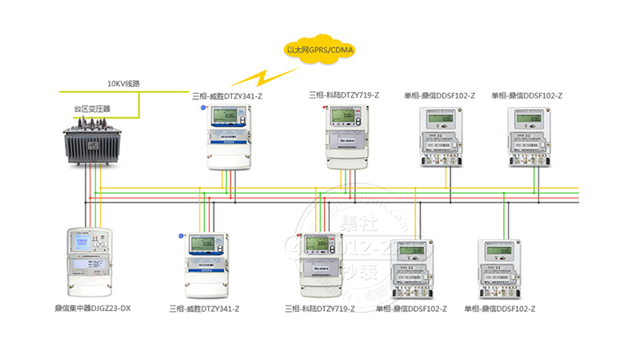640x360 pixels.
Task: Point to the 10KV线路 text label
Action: (124, 83)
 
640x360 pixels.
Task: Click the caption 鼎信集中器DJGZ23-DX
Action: (87, 308)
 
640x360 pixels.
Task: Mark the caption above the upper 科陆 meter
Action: (344, 95)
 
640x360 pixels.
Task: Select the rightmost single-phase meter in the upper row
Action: (531, 137)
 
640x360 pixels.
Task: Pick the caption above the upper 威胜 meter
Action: (227, 97)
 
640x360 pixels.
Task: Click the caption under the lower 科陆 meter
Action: (320, 308)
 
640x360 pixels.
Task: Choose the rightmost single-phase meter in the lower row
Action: (499, 269)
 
